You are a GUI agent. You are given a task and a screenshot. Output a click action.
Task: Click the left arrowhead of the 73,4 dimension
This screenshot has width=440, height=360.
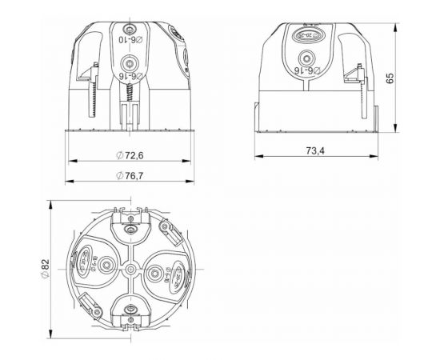(x=257, y=158)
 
